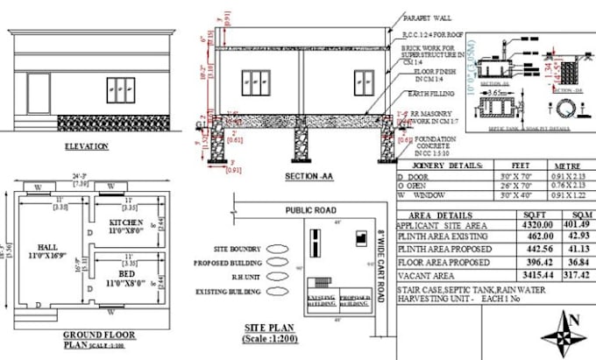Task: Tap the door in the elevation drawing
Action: pos(39,95)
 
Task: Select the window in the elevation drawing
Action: pos(120,90)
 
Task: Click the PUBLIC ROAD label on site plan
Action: pos(311,210)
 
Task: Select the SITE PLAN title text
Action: pos(268,327)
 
